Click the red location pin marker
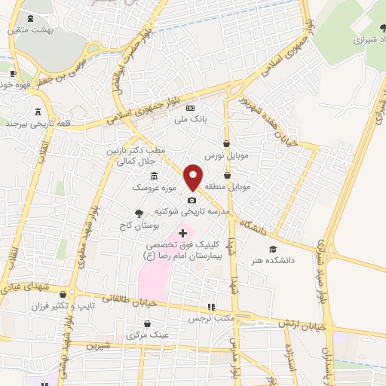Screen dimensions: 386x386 [x=194, y=176]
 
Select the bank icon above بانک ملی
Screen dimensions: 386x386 [x=190, y=109]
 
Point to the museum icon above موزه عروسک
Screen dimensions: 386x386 [x=154, y=176]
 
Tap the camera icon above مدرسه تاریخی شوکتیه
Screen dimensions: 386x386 [x=192, y=200]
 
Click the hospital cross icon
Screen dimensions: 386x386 [x=182, y=234]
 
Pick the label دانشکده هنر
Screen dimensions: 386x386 [x=272, y=261]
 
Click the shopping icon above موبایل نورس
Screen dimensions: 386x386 [x=227, y=142]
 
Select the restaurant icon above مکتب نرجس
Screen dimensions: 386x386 [x=212, y=308]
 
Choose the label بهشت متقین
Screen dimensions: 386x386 [x=23, y=29]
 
